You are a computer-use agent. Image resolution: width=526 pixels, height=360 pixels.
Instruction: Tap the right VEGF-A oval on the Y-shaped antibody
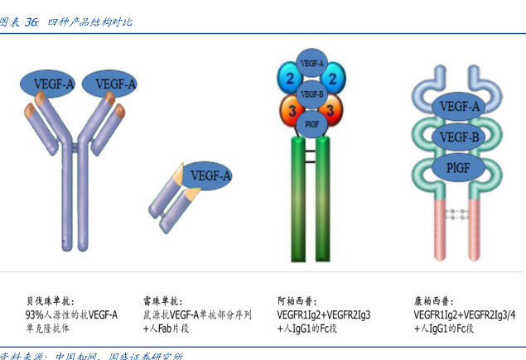(x=110, y=84)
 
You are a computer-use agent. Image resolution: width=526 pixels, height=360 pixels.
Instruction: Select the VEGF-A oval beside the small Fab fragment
(x=205, y=175)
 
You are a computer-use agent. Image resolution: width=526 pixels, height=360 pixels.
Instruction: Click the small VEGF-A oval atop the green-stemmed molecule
(x=312, y=63)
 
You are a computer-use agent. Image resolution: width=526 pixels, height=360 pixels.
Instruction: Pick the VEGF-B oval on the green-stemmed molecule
(x=311, y=93)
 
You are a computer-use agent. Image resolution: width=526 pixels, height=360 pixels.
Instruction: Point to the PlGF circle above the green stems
(x=311, y=123)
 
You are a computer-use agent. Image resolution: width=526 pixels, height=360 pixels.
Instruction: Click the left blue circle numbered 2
(x=290, y=79)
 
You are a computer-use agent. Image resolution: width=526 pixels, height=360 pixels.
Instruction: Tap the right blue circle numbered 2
(x=333, y=79)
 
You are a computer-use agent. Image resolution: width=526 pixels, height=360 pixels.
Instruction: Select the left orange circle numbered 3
(x=291, y=110)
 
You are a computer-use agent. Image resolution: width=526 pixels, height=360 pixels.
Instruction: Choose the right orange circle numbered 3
(x=332, y=110)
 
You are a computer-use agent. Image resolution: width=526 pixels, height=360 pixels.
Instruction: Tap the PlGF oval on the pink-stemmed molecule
(x=457, y=168)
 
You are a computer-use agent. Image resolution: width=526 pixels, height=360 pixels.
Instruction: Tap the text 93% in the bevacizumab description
(x=34, y=314)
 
